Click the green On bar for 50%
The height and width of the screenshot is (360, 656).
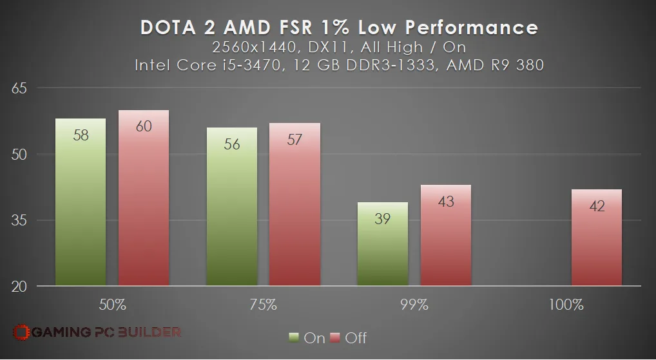(81, 202)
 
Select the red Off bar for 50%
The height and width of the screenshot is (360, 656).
(144, 198)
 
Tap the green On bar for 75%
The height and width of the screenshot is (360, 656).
(232, 207)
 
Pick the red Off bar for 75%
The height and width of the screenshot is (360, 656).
(295, 204)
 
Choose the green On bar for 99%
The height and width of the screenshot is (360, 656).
(383, 244)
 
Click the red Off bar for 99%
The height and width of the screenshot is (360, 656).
(446, 236)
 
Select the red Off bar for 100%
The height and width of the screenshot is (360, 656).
(597, 238)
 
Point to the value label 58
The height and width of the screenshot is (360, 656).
(81, 135)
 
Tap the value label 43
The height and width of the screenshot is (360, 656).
(446, 202)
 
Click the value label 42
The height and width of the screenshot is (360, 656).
(597, 205)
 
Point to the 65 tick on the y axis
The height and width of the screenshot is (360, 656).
(19, 88)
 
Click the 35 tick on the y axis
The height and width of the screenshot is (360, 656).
(19, 220)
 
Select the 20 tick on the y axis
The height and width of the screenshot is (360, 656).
(19, 287)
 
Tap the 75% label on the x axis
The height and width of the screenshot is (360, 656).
(263, 305)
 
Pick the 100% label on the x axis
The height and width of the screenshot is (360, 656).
(566, 305)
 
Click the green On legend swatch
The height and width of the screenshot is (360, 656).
(294, 337)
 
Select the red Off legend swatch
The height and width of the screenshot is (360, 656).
(335, 337)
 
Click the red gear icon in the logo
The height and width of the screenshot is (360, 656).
(21, 332)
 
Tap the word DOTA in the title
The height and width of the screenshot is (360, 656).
(168, 28)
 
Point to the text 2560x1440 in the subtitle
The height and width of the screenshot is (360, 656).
(254, 47)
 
